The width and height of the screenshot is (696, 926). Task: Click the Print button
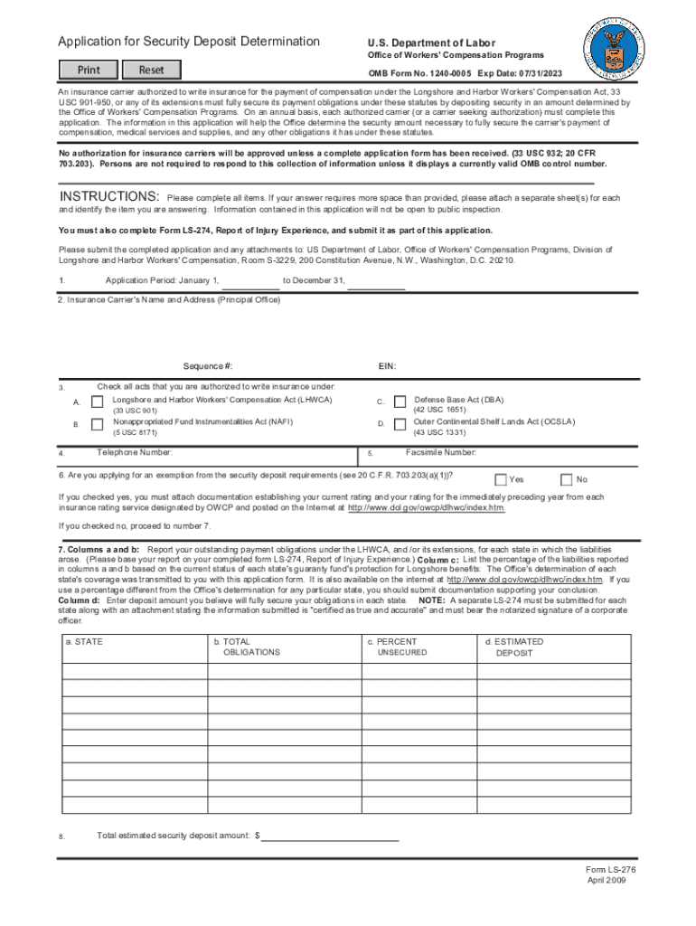[89, 70]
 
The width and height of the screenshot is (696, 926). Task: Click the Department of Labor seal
[615, 47]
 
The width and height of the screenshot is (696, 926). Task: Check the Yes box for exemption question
[500, 479]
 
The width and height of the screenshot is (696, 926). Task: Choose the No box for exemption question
[567, 479]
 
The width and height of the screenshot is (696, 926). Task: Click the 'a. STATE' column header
[84, 641]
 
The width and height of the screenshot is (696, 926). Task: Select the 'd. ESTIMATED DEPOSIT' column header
[517, 647]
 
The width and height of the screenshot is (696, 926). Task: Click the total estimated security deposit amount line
[330, 836]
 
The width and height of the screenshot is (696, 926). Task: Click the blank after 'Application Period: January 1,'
[250, 282]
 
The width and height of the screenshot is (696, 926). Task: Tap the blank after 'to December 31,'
[376, 282]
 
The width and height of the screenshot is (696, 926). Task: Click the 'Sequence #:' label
[208, 366]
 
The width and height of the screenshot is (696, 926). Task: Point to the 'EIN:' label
[387, 366]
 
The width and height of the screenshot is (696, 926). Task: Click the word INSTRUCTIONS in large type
[109, 197]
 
